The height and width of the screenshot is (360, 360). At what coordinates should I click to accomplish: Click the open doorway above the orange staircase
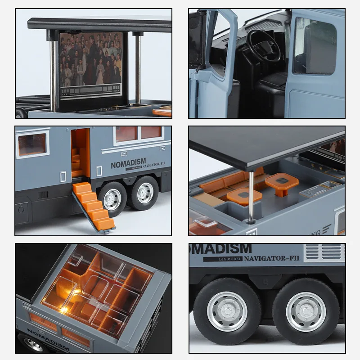click(x=81, y=153)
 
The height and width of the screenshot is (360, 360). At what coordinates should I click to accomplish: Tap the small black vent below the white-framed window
click(x=42, y=195)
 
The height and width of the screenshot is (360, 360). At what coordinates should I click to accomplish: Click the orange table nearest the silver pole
click(x=244, y=196)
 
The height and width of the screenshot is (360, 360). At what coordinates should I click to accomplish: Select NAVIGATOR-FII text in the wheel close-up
click(x=272, y=259)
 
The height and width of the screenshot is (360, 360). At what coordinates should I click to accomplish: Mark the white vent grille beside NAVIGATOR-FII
click(x=324, y=252)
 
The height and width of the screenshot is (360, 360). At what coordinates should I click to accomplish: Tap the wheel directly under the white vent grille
click(x=306, y=311)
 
